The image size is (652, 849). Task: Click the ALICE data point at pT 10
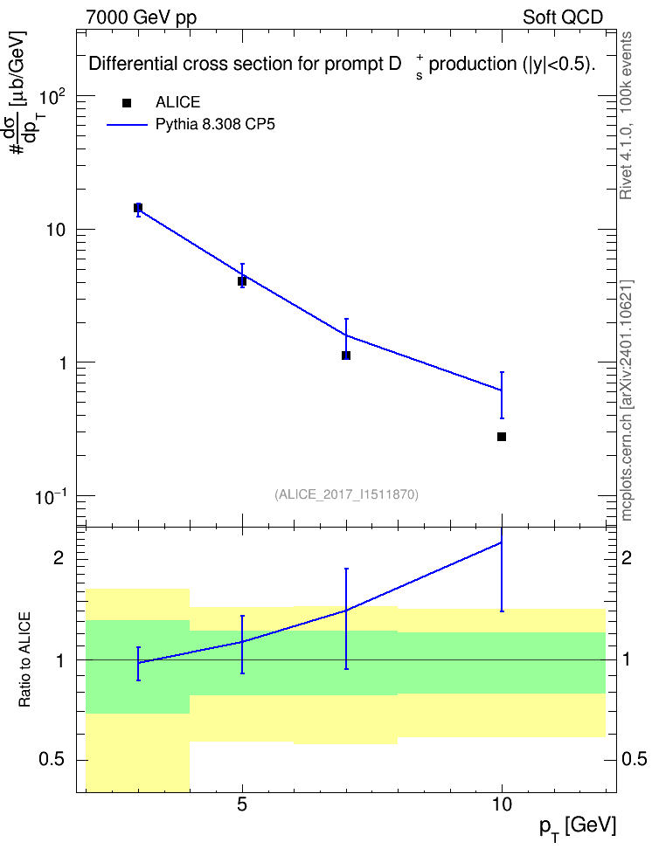point(502,437)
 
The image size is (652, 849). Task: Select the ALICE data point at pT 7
point(346,355)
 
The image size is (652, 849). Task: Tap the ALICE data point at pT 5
point(242,281)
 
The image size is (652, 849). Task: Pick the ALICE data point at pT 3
point(138,208)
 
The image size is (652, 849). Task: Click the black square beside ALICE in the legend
point(127,103)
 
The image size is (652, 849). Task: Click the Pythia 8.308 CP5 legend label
point(215,124)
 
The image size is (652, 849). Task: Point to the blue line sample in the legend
point(127,125)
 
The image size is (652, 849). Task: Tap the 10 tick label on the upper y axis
point(56,230)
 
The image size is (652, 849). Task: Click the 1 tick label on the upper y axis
point(62,362)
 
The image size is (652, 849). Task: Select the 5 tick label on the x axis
point(242,804)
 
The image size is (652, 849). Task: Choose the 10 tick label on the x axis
point(502,804)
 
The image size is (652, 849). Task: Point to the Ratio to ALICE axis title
point(24,659)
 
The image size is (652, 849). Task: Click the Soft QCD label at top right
point(563,17)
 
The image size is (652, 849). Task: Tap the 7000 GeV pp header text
point(141,17)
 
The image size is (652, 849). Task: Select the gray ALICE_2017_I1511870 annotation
point(346,494)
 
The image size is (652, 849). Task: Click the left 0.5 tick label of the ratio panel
point(52,760)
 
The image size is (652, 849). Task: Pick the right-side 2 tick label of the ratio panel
point(627,557)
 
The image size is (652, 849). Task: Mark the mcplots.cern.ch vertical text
point(627,400)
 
